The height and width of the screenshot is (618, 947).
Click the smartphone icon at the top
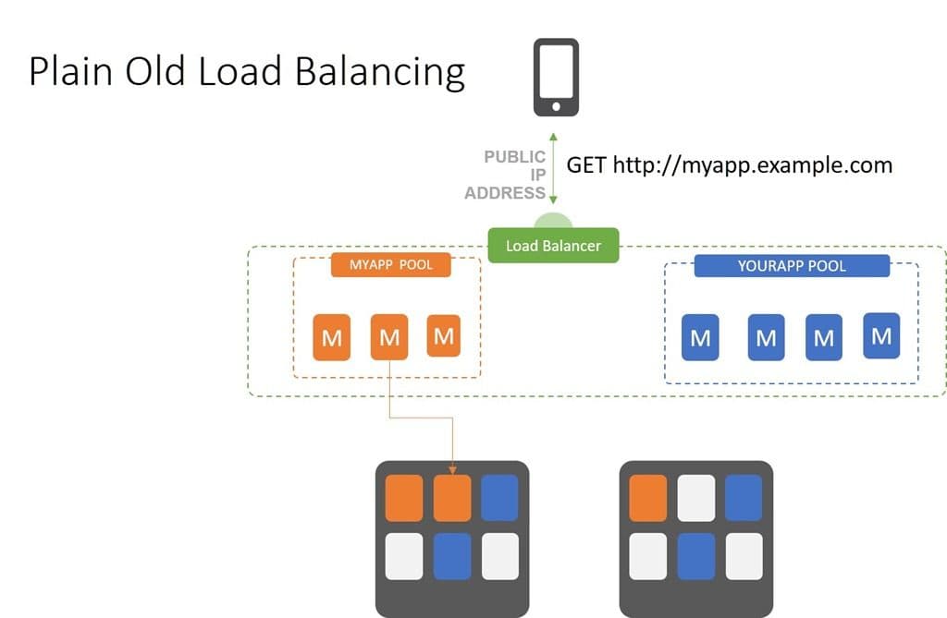[556, 77]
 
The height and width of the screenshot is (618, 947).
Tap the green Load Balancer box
[553, 246]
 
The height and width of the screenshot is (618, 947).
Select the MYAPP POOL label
[390, 265]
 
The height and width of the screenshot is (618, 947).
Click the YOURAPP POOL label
[792, 266]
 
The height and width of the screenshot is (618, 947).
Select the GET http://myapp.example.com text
[729, 165]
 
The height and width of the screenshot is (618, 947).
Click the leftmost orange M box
[332, 337]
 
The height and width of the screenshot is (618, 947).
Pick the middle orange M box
[389, 337]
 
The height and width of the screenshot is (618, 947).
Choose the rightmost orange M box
[444, 336]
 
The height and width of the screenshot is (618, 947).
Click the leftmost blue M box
[700, 338]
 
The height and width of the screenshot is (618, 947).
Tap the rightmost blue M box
[881, 336]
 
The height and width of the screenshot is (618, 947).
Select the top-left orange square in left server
[404, 498]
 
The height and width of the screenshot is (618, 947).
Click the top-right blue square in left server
[500, 498]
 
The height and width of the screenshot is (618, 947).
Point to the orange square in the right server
[647, 498]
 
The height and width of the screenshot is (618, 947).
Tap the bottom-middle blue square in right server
[695, 556]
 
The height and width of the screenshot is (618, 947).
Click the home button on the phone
[556, 106]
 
